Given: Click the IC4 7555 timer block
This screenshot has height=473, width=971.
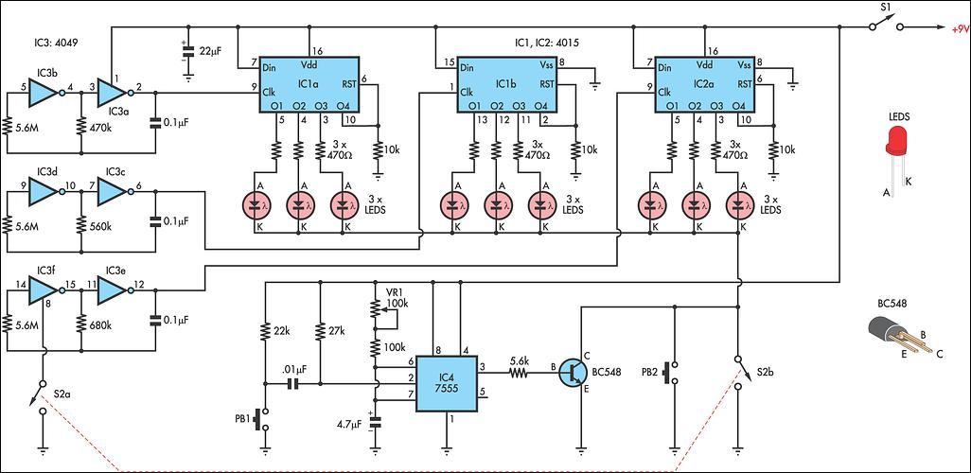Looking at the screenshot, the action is coord(446,383).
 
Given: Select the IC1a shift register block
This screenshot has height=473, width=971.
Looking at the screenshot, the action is coord(309,85).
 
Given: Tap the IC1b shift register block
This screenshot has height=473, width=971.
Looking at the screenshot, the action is coord(506,85).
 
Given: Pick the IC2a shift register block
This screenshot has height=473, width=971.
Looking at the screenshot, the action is coord(705,85).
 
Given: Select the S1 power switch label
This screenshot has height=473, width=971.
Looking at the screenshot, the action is coord(884,9).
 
